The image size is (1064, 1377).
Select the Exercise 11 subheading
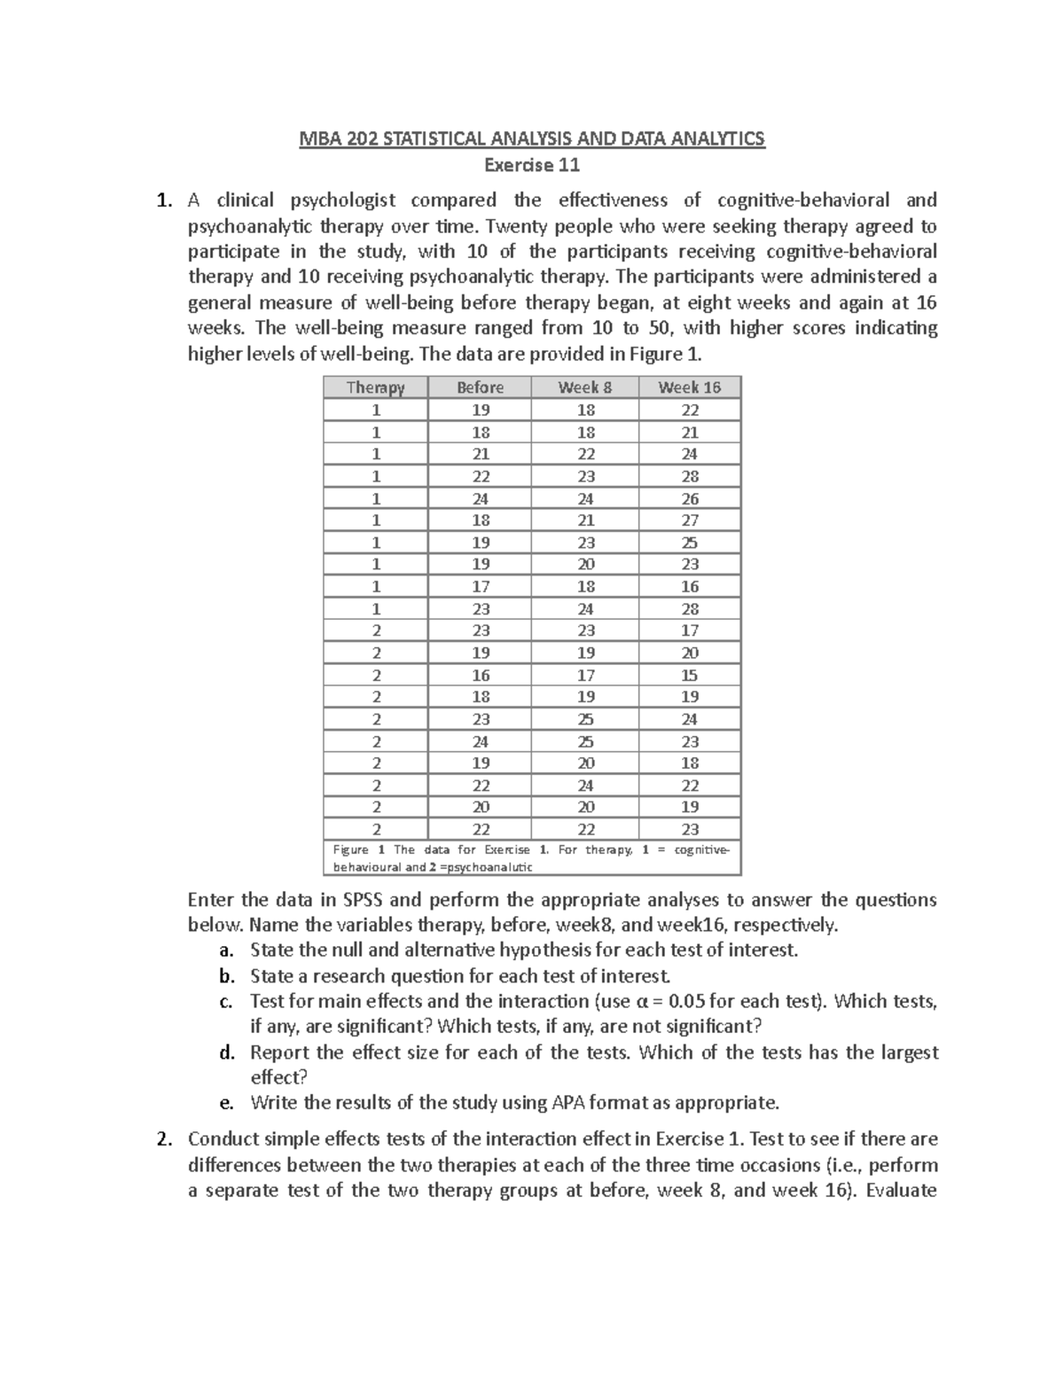(x=531, y=165)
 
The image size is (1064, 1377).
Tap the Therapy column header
(x=375, y=387)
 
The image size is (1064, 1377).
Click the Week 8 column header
(x=584, y=387)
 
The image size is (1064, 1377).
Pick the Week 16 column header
(x=689, y=387)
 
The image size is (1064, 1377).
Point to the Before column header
(x=480, y=387)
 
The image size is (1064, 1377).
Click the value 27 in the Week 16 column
(x=690, y=520)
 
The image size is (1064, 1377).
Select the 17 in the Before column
(x=480, y=586)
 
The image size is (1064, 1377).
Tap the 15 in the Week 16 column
(x=690, y=675)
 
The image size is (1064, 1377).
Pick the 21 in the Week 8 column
(x=585, y=520)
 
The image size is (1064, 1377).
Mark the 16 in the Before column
(x=480, y=675)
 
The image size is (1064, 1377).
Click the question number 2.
(x=162, y=1139)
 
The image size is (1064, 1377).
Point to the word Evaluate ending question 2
(x=901, y=1190)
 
